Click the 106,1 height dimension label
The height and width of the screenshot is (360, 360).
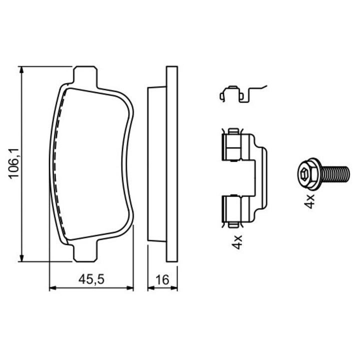tap(13, 163)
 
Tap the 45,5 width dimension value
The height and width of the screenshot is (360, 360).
tap(91, 279)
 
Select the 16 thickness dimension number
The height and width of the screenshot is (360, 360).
tap(162, 279)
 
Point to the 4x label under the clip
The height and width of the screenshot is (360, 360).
tap(237, 242)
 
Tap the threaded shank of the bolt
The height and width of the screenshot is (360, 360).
tap(335, 173)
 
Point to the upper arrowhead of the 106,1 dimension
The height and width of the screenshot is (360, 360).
tap(21, 70)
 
